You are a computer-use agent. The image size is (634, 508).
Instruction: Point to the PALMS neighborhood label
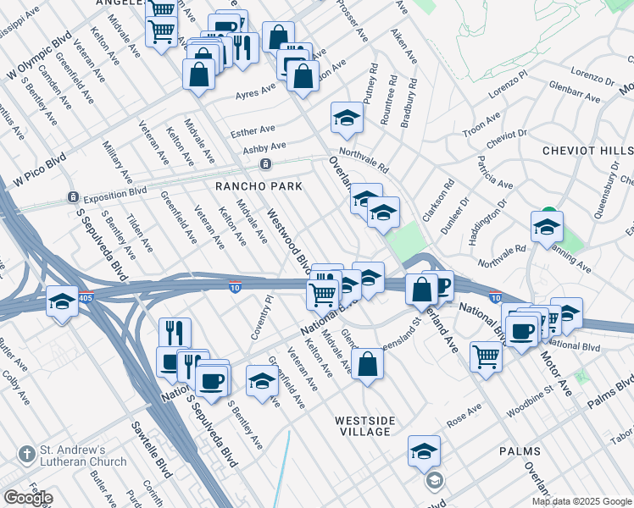[520, 451]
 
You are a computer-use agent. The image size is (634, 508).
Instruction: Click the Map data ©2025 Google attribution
[581, 501]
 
